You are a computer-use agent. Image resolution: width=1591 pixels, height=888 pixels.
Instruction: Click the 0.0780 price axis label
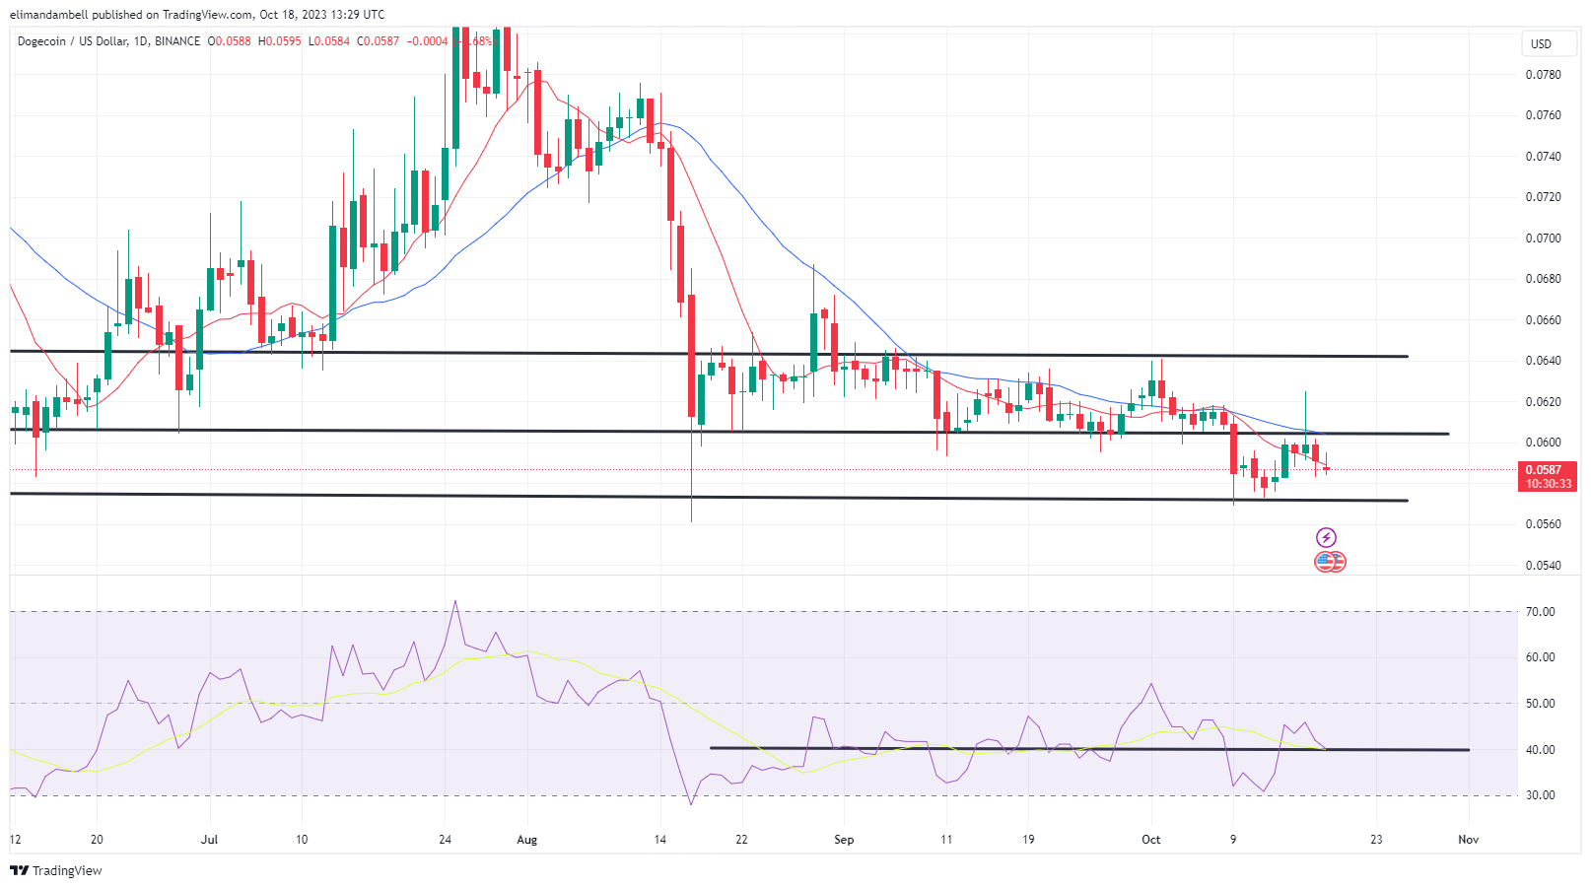pyautogui.click(x=1543, y=75)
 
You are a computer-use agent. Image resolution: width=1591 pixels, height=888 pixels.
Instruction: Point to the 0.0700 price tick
pyautogui.click(x=1543, y=239)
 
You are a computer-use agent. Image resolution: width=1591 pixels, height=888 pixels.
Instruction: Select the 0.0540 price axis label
pyautogui.click(x=1543, y=566)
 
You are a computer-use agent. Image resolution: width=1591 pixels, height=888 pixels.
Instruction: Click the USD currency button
pyautogui.click(x=1541, y=44)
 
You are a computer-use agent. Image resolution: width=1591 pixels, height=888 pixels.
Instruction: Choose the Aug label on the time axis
pyautogui.click(x=527, y=840)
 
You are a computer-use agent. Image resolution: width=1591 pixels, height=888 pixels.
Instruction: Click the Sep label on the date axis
pyautogui.click(x=844, y=840)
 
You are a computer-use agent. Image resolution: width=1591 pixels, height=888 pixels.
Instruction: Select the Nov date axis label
pyautogui.click(x=1468, y=840)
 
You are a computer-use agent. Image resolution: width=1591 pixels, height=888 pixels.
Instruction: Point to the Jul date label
pyautogui.click(x=209, y=840)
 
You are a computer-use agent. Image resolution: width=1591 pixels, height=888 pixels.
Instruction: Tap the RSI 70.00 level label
pyautogui.click(x=1540, y=612)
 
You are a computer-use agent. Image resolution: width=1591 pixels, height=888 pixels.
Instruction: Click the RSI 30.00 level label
pyautogui.click(x=1540, y=795)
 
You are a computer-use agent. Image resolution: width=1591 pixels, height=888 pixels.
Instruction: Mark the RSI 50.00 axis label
pyautogui.click(x=1540, y=704)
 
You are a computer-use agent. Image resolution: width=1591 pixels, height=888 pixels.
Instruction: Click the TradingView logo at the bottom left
pyautogui.click(x=56, y=870)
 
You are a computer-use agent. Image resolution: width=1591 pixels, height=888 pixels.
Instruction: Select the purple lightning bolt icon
pyautogui.click(x=1326, y=538)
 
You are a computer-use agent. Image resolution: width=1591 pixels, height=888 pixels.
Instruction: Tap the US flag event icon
pyautogui.click(x=1325, y=562)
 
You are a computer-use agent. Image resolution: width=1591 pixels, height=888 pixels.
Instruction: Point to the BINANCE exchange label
pyautogui.click(x=177, y=41)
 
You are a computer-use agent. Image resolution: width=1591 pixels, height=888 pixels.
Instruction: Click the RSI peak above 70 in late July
pyautogui.click(x=455, y=601)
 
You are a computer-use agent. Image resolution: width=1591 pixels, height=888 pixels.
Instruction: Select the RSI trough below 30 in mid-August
pyautogui.click(x=690, y=803)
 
